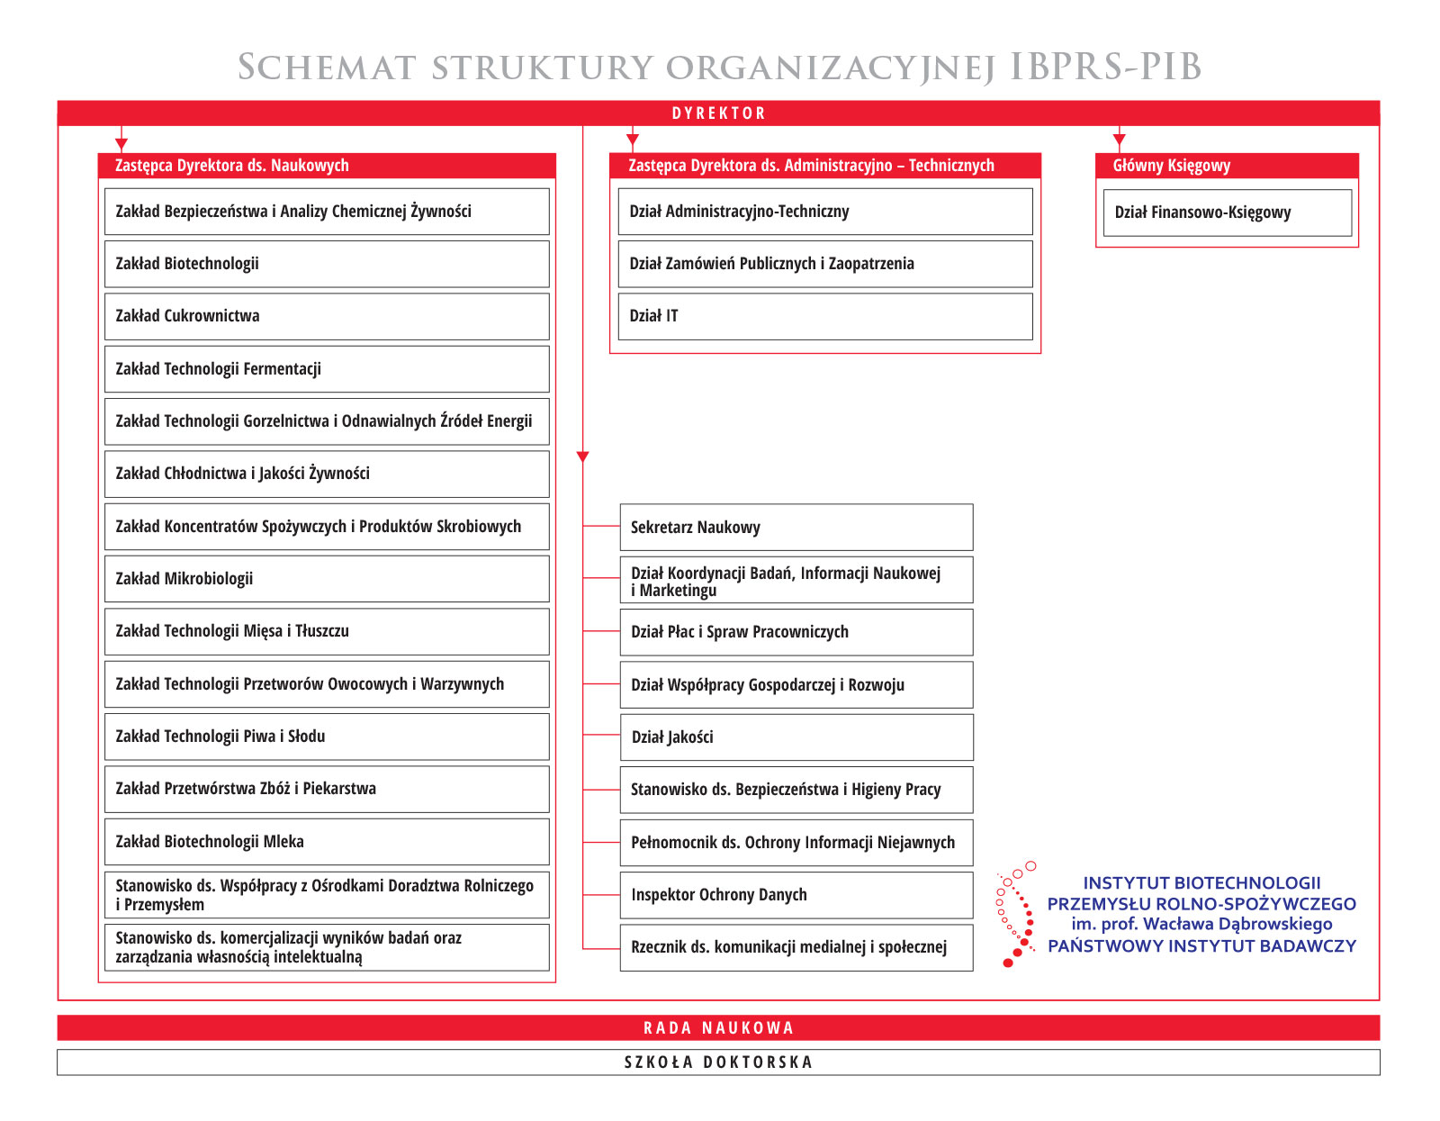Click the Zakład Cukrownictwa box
coord(327,316)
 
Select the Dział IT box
coord(824,316)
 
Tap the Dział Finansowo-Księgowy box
coord(1227,212)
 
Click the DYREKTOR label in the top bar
coord(718,113)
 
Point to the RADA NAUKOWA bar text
coord(718,1028)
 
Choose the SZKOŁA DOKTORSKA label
coord(718,1062)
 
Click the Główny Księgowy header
coord(1171,166)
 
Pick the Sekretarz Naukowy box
coord(796,528)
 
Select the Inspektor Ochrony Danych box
coord(796,895)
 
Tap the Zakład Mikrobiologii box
coord(327,579)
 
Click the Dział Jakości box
coord(796,737)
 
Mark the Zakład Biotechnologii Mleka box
coord(327,842)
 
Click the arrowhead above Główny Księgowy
coord(1119,140)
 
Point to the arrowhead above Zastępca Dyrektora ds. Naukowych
coord(121,144)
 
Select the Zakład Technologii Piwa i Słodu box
coord(327,737)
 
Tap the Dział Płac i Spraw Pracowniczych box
coord(796,632)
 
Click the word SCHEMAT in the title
coord(327,68)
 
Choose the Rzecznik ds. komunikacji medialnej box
coord(796,947)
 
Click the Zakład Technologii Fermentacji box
coord(327,369)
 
